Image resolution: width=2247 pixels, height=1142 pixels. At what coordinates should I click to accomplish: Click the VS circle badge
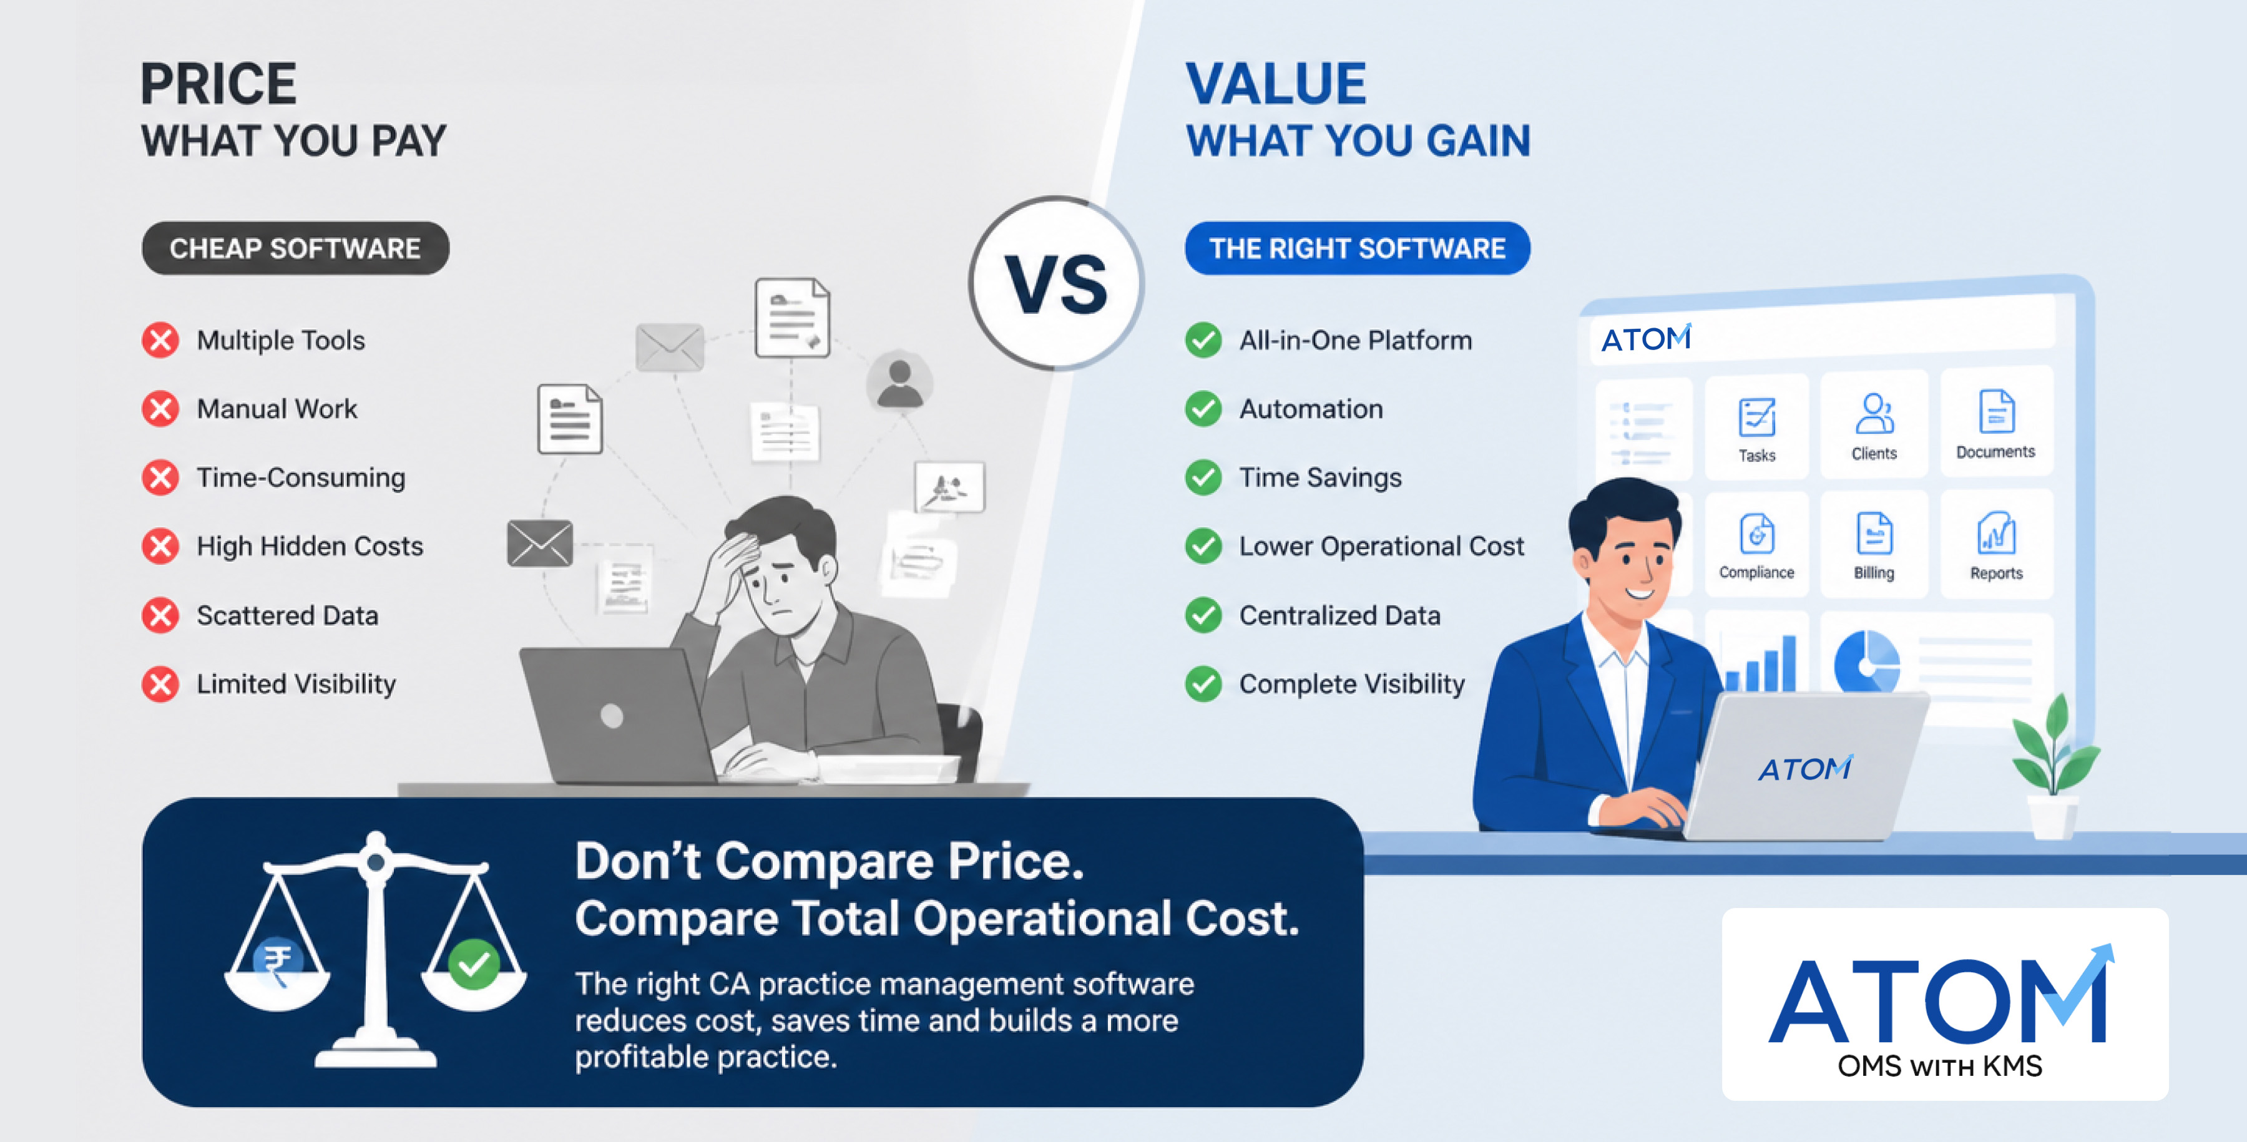tap(1056, 283)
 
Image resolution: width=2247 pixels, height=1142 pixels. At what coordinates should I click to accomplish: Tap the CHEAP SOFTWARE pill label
tap(296, 248)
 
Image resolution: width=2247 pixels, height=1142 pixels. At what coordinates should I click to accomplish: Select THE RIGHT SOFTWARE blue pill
tap(1358, 248)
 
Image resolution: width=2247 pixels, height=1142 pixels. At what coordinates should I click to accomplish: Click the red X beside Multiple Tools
tap(160, 340)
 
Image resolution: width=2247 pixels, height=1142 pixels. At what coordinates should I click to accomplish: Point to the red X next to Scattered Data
tap(160, 615)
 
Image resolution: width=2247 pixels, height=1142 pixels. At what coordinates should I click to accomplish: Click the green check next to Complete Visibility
tap(1204, 684)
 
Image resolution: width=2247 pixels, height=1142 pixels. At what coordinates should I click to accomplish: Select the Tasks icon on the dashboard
tap(1757, 417)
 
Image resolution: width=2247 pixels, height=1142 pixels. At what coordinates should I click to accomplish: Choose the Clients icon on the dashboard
tap(1874, 414)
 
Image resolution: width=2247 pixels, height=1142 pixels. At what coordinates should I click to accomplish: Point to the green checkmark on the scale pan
tap(474, 963)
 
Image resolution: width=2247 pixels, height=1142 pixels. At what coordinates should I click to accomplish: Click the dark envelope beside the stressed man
tap(540, 543)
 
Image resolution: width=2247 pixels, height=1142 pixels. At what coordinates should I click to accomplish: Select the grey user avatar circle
tap(899, 381)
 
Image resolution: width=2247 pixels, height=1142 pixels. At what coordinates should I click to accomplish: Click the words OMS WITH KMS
tap(1940, 1066)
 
